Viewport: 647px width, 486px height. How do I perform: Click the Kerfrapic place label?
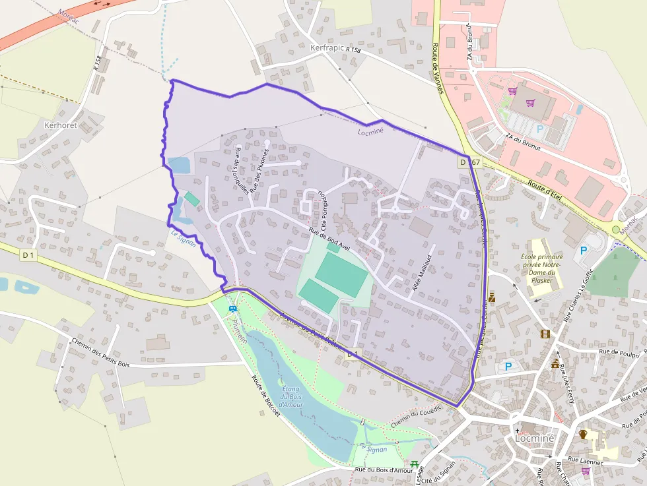coord(327,48)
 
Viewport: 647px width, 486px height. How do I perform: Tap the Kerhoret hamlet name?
coord(60,125)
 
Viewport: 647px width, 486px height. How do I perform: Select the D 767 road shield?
coord(471,162)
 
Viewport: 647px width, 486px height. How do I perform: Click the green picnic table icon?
coord(415,465)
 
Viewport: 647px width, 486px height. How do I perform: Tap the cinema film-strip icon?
coord(545,334)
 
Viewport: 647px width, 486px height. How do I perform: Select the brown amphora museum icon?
coord(583,435)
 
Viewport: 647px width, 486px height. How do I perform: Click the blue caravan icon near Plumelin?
coord(232,309)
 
